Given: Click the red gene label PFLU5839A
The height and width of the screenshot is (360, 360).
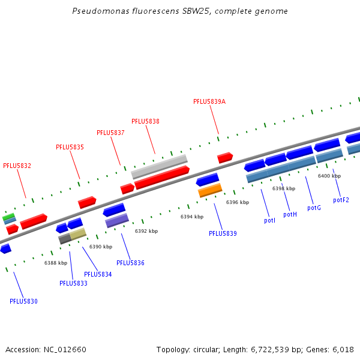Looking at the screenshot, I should click(x=209, y=101).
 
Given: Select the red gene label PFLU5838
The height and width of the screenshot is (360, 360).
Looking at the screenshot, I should click(x=145, y=121).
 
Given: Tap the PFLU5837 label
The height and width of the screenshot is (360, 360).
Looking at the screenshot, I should click(x=110, y=133).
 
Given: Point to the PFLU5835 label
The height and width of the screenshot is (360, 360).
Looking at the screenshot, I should click(x=70, y=147).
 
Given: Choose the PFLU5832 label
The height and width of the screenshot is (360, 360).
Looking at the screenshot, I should click(x=17, y=166).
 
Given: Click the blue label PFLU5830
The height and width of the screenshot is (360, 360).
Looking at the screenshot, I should click(x=23, y=301).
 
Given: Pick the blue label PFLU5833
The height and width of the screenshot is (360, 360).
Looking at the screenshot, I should click(x=73, y=283).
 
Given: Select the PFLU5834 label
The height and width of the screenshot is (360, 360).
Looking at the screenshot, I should click(x=98, y=274).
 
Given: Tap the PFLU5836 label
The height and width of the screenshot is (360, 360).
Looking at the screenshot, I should click(x=130, y=263).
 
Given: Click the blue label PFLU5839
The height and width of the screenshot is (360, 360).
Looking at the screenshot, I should click(x=223, y=233).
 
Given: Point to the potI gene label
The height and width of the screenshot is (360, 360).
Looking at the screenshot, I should click(x=269, y=221).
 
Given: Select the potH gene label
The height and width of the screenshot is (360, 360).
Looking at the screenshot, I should click(x=290, y=214).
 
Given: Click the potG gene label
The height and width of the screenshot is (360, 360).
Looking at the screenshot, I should click(x=314, y=208).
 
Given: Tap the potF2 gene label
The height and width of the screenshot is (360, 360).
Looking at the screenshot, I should click(x=341, y=200).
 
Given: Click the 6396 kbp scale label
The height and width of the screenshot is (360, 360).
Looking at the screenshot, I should click(x=237, y=202).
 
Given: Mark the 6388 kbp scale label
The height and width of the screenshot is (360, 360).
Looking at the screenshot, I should click(x=56, y=263).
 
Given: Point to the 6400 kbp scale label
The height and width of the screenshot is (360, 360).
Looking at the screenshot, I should click(x=329, y=176).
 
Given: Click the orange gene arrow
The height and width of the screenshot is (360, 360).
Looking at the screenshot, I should click(x=211, y=190).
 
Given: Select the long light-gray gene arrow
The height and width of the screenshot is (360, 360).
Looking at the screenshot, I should click(x=159, y=166).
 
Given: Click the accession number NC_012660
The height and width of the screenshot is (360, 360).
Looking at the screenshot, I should click(x=65, y=349).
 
